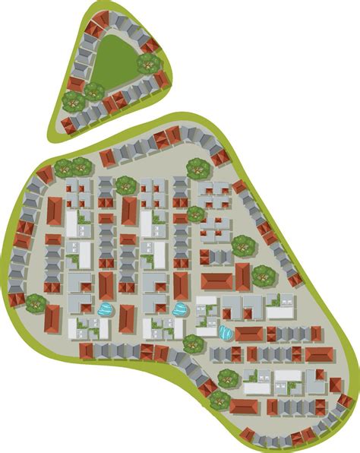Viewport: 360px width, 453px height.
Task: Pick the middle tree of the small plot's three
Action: click(x=93, y=91)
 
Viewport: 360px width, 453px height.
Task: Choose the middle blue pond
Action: click(x=180, y=309)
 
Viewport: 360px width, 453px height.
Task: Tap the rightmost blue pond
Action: click(x=226, y=332)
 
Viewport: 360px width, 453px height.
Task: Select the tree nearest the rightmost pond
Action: click(x=194, y=343)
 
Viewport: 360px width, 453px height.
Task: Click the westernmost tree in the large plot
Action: click(x=36, y=303)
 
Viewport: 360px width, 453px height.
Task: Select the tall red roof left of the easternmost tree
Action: click(x=242, y=277)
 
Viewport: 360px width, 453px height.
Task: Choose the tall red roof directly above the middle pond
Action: click(x=181, y=285)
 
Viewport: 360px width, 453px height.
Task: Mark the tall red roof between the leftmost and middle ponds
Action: click(x=127, y=318)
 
